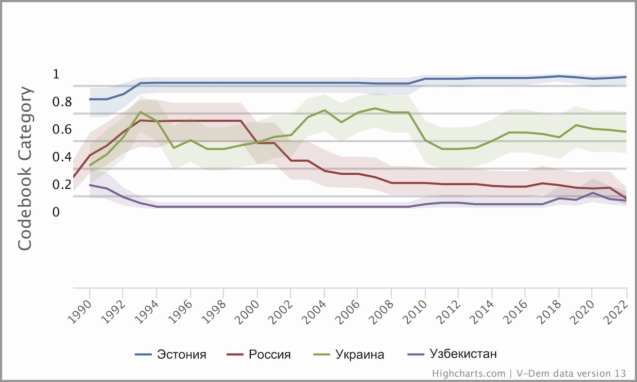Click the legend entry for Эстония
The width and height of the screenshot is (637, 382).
pyautogui.click(x=181, y=354)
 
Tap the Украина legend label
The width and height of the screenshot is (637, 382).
pyautogui.click(x=360, y=354)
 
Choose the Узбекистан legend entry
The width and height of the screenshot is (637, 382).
pyautogui.click(x=463, y=354)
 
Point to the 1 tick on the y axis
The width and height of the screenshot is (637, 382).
pyautogui.click(x=56, y=74)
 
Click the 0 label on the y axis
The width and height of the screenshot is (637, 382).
pyautogui.click(x=56, y=212)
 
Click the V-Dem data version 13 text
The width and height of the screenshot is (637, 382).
pyautogui.click(x=570, y=373)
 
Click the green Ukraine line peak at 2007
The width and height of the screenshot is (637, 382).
pyautogui.click(x=375, y=108)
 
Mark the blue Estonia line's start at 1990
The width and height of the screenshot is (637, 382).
pyautogui.click(x=90, y=99)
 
